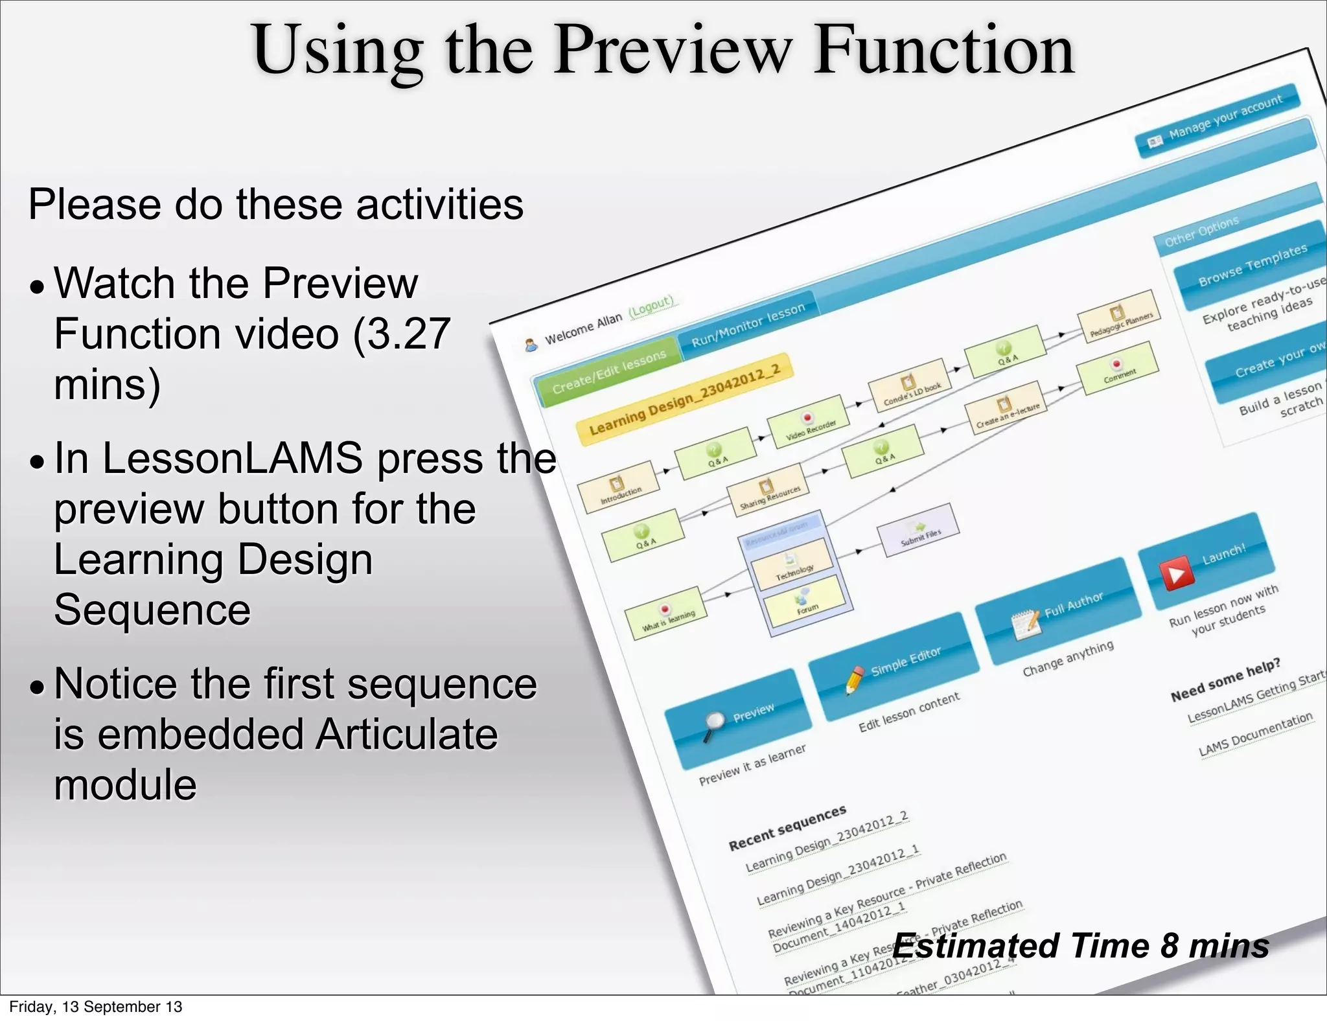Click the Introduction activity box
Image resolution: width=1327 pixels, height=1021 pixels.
(619, 487)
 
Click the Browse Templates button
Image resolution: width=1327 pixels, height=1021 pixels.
(1251, 266)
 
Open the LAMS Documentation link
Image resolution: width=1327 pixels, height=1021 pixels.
(1255, 735)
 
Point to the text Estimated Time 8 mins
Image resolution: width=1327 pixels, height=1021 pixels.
(1080, 946)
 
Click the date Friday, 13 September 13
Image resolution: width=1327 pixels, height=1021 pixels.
(95, 1007)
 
